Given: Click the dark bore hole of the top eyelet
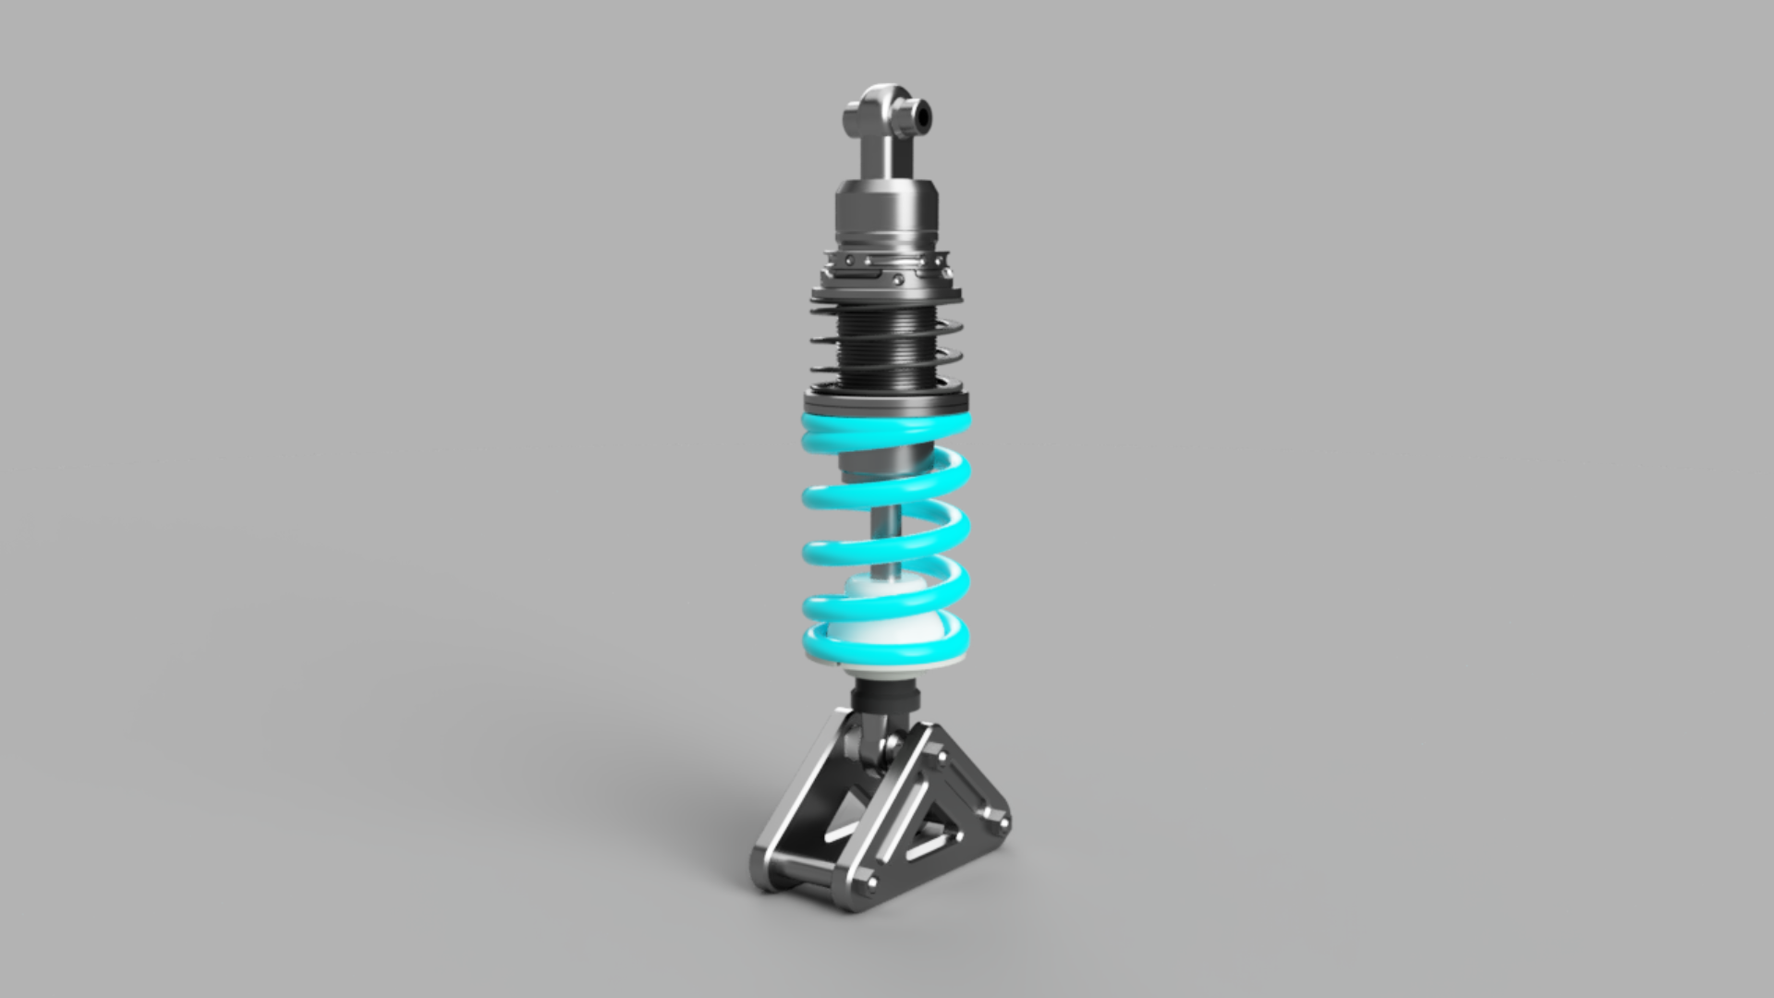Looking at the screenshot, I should click(923, 115).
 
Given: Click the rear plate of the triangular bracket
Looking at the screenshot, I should click(795, 813).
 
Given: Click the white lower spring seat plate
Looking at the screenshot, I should click(887, 663).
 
